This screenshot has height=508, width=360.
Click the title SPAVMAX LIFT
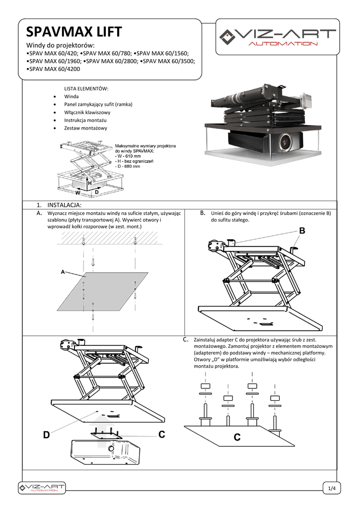(x=74, y=33)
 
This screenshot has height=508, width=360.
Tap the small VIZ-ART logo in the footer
(x=41, y=488)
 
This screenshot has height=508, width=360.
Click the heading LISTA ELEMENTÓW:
(x=86, y=88)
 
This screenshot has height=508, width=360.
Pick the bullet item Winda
(x=72, y=96)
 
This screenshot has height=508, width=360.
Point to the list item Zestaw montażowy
(x=85, y=128)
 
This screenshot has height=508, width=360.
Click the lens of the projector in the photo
(x=287, y=142)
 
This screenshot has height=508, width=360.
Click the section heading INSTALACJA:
(x=64, y=204)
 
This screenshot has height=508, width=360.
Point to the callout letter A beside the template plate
(x=63, y=272)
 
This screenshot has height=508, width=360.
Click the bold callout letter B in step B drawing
(x=302, y=231)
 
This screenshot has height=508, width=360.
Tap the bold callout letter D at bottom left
(x=46, y=435)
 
